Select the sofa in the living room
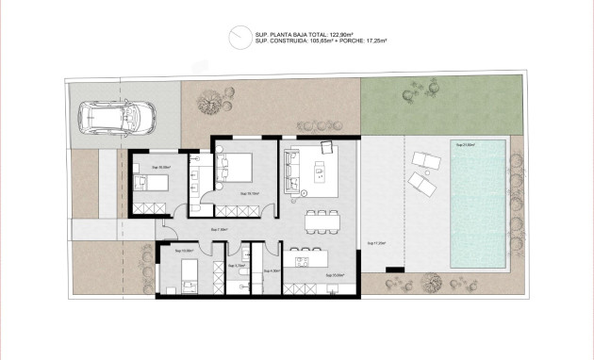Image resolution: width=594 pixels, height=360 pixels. pos(292,172)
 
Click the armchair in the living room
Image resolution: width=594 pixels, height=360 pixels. pos(327,148)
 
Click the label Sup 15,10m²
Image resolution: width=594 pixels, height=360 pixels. pos(249,192)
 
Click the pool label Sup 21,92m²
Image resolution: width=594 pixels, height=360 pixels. pos(465,145)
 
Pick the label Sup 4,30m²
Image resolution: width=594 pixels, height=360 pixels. pos(272,270)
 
